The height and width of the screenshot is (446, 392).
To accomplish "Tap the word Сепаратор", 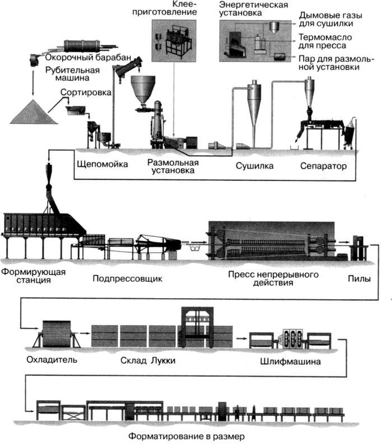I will pyautogui.click(x=324, y=166).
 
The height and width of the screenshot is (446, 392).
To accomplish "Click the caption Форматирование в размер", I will pyautogui.click(x=187, y=435).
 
